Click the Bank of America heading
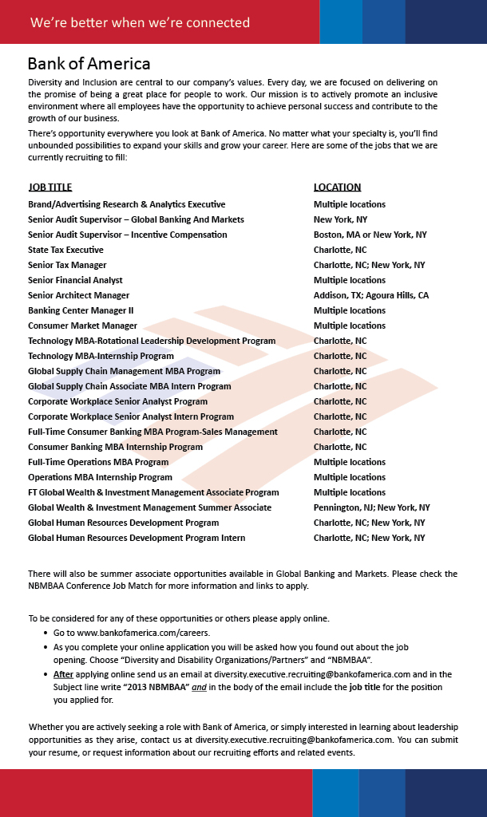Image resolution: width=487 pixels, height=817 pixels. [x=89, y=64]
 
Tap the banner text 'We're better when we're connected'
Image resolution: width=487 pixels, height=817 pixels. [x=140, y=22]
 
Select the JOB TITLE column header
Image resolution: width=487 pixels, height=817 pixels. [x=49, y=187]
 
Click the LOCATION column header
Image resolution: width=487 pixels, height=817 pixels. [x=337, y=187]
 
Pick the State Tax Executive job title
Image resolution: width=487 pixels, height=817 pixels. [x=65, y=250]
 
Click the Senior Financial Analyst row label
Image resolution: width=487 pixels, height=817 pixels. [x=75, y=280]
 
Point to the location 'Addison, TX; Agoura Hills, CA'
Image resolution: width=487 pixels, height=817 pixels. [x=370, y=295]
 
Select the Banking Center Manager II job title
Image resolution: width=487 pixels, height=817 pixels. [x=81, y=310]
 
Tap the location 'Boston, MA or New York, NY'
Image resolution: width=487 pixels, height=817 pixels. [x=370, y=235]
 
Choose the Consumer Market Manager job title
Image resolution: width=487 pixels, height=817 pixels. [x=82, y=326]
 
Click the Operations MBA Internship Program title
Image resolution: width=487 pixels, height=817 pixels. [x=100, y=477]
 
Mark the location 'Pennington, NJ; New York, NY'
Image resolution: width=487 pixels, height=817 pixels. [x=371, y=507]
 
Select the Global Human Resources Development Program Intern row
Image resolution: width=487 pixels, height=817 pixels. [x=137, y=538]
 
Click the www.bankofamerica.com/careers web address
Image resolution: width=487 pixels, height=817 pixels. [x=133, y=633]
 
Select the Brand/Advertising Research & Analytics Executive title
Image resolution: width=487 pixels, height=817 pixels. [x=126, y=204]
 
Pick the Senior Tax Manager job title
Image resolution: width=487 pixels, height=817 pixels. [x=67, y=265]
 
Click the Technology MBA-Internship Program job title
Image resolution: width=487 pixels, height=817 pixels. [x=101, y=356]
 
